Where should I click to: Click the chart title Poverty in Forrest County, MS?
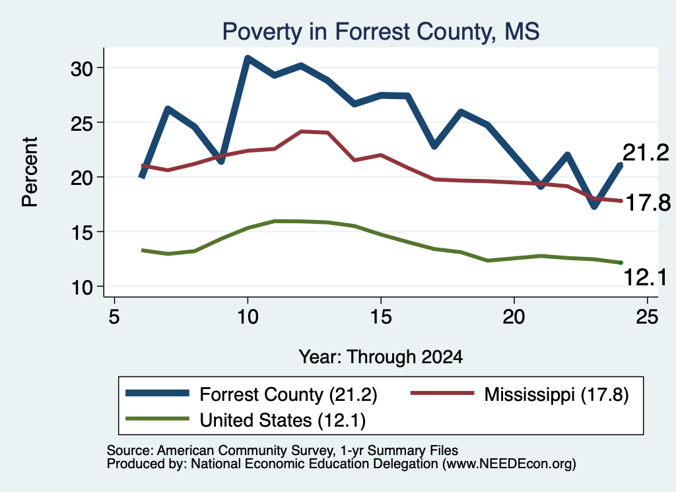[x=381, y=32]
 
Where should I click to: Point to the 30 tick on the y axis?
[x=81, y=68]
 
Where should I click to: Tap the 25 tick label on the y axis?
[x=81, y=123]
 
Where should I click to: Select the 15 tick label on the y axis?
[x=81, y=232]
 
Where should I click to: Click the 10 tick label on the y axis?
[x=81, y=287]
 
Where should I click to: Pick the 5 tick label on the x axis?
[x=114, y=317]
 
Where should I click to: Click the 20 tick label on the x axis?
[x=514, y=317]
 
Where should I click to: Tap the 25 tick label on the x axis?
[x=647, y=317]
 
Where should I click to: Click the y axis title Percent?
[x=30, y=172]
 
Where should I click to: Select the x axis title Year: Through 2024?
[x=381, y=357]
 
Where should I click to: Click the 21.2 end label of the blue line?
[x=646, y=153]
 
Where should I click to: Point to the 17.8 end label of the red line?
[x=648, y=203]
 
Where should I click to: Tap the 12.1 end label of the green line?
[x=646, y=277]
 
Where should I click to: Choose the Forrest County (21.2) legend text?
[x=288, y=394]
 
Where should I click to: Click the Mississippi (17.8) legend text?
[x=557, y=394]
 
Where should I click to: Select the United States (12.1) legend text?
[x=283, y=421]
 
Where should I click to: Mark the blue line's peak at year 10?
[x=247, y=58]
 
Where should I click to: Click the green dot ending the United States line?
[x=621, y=263]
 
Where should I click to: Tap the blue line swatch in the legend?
[x=157, y=393]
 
